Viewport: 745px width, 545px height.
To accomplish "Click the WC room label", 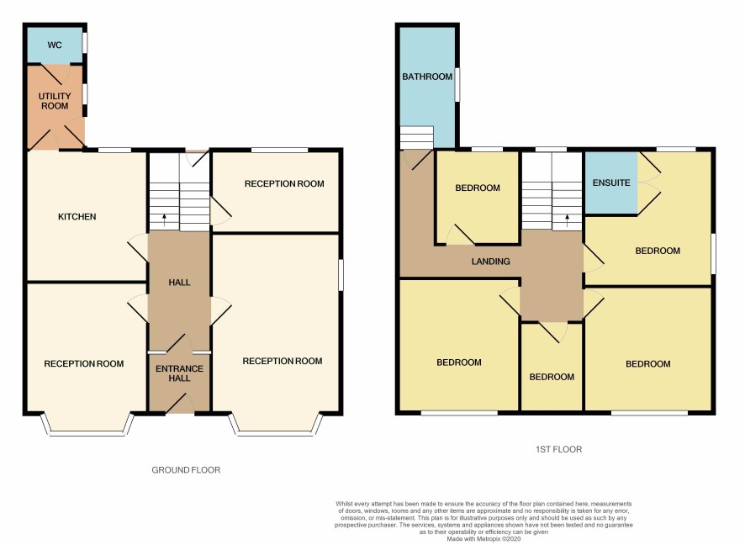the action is coord(55,45).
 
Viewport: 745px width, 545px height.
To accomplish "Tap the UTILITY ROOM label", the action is coord(55,101).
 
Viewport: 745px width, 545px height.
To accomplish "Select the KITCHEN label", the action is coord(77,217).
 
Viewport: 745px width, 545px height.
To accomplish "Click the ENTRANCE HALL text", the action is coord(179,373).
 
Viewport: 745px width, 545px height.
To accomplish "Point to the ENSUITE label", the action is coord(611,183).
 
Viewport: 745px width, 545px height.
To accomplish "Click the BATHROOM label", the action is coord(427,77).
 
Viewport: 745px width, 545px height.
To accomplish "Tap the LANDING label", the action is coord(491,262).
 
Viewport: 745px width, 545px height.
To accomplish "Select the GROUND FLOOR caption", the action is coord(186,470).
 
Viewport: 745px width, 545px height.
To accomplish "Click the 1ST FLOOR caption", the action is coord(558,449).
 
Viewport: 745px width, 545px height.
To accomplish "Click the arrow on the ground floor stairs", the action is coord(165,219).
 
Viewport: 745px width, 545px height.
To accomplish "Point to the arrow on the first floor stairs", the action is coord(567,220).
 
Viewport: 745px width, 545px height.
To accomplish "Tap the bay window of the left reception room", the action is coord(87,425).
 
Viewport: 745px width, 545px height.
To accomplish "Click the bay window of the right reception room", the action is coord(276,425).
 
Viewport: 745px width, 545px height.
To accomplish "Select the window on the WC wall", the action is coord(85,42).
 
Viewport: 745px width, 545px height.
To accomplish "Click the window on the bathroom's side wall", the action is coord(457,85).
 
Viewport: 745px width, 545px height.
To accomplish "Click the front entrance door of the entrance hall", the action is coord(180,404).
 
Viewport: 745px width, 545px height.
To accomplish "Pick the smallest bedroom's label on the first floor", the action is coord(552,377).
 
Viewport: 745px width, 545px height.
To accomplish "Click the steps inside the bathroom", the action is coord(417,137).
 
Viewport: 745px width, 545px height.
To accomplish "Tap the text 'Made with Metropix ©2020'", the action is coord(483,539).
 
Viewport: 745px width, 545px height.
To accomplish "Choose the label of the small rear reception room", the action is coord(284,184).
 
